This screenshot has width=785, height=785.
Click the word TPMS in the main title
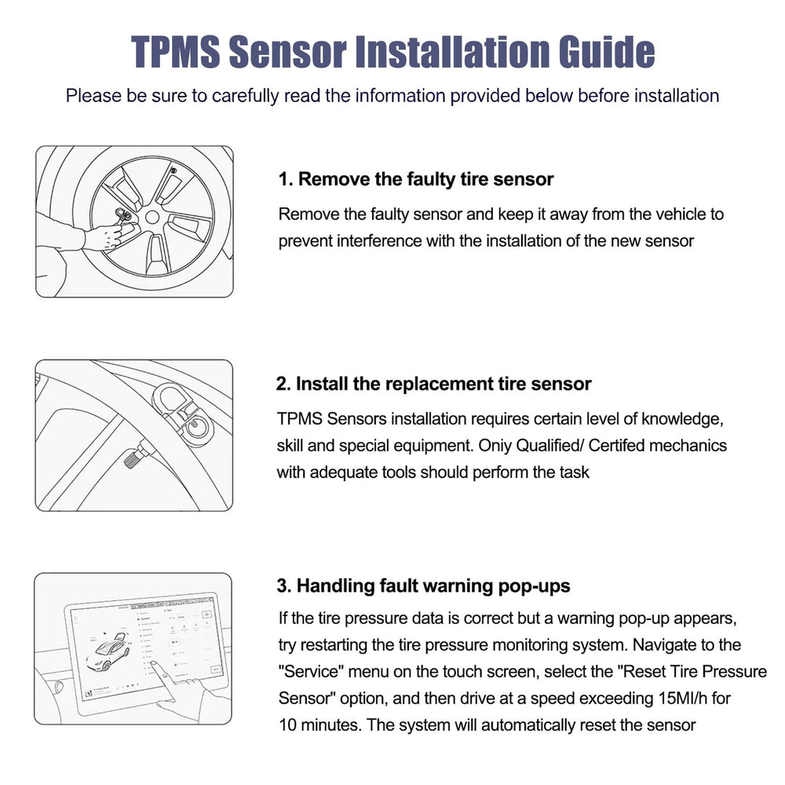click(x=176, y=52)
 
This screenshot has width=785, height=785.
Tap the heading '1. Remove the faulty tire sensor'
click(x=416, y=179)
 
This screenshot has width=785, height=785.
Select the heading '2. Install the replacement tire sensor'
click(x=433, y=384)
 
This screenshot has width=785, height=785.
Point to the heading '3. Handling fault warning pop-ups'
click(x=424, y=586)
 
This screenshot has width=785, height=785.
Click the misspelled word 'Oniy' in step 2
click(x=495, y=446)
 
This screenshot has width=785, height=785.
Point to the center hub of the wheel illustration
click(x=152, y=217)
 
